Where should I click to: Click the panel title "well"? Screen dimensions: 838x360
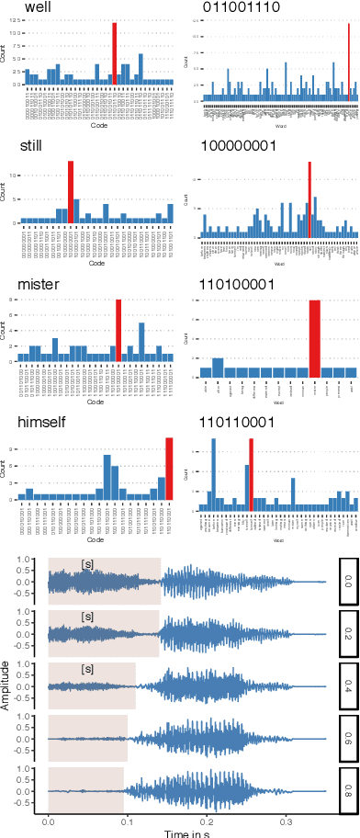37,8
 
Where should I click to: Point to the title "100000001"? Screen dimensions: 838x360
237,146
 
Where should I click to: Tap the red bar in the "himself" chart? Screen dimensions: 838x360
169,470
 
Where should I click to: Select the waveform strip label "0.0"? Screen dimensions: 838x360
348,582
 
